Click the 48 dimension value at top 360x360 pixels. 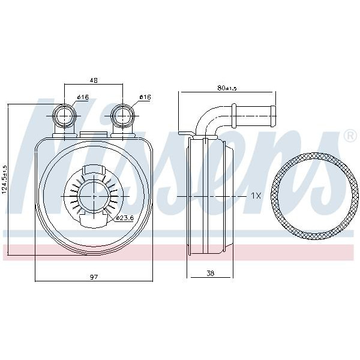click(x=94, y=80)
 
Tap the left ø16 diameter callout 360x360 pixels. click(x=83, y=97)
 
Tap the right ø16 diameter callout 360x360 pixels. click(x=145, y=97)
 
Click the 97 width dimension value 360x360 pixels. click(x=94, y=277)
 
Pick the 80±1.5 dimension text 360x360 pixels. click(x=227, y=88)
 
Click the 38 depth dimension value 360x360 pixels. click(x=211, y=273)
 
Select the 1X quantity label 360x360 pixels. click(x=256, y=196)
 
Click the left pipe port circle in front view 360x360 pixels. click(x=65, y=116)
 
